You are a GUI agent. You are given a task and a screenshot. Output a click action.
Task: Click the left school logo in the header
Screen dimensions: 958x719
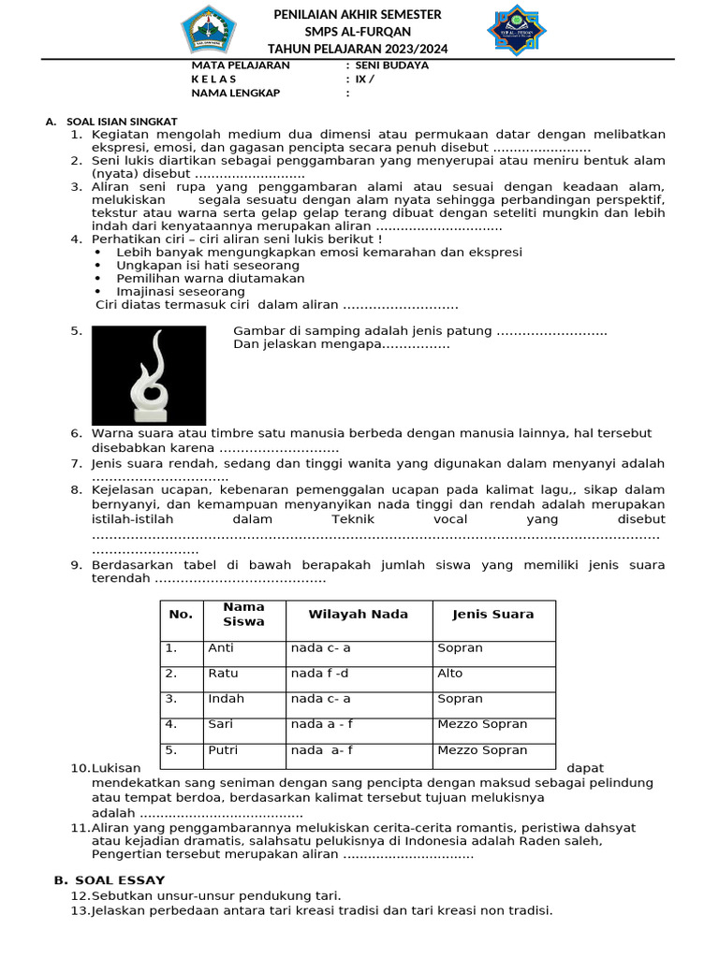pos(210,30)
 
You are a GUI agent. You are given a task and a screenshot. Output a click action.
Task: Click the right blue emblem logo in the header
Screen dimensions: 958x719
pos(517,30)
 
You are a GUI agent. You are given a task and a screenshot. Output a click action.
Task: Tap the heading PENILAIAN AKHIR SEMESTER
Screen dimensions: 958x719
pos(357,15)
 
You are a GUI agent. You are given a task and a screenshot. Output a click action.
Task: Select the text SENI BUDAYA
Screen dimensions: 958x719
pos(391,65)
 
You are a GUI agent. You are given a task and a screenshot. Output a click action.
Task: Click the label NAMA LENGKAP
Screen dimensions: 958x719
pos(235,93)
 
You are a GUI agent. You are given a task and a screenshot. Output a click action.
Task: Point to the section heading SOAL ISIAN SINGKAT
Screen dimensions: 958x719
pos(122,122)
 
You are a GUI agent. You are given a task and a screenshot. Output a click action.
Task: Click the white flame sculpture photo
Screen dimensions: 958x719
pos(149,375)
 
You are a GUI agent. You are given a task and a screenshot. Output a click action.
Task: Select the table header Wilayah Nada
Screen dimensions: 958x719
pos(359,615)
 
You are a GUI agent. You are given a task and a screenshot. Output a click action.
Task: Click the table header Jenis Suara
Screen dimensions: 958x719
pos(492,615)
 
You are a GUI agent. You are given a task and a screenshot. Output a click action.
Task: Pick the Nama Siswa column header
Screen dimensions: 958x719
pos(243,615)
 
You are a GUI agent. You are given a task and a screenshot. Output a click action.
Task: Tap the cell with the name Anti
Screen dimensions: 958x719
pos(221,647)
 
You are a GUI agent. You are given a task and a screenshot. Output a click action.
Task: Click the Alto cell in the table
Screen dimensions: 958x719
pos(449,673)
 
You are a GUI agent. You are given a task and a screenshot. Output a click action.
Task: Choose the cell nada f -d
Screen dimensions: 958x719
pos(318,673)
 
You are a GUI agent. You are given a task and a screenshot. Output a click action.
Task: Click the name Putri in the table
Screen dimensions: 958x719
pos(223,749)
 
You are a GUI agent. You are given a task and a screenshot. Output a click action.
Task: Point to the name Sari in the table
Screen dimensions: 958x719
pos(220,724)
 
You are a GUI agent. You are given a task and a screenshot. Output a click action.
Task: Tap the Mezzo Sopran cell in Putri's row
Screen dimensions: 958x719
pos(482,749)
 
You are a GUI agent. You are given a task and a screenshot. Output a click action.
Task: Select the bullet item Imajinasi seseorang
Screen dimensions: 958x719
pos(181,291)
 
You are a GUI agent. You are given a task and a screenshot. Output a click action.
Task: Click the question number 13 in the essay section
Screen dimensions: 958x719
pos(81,910)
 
